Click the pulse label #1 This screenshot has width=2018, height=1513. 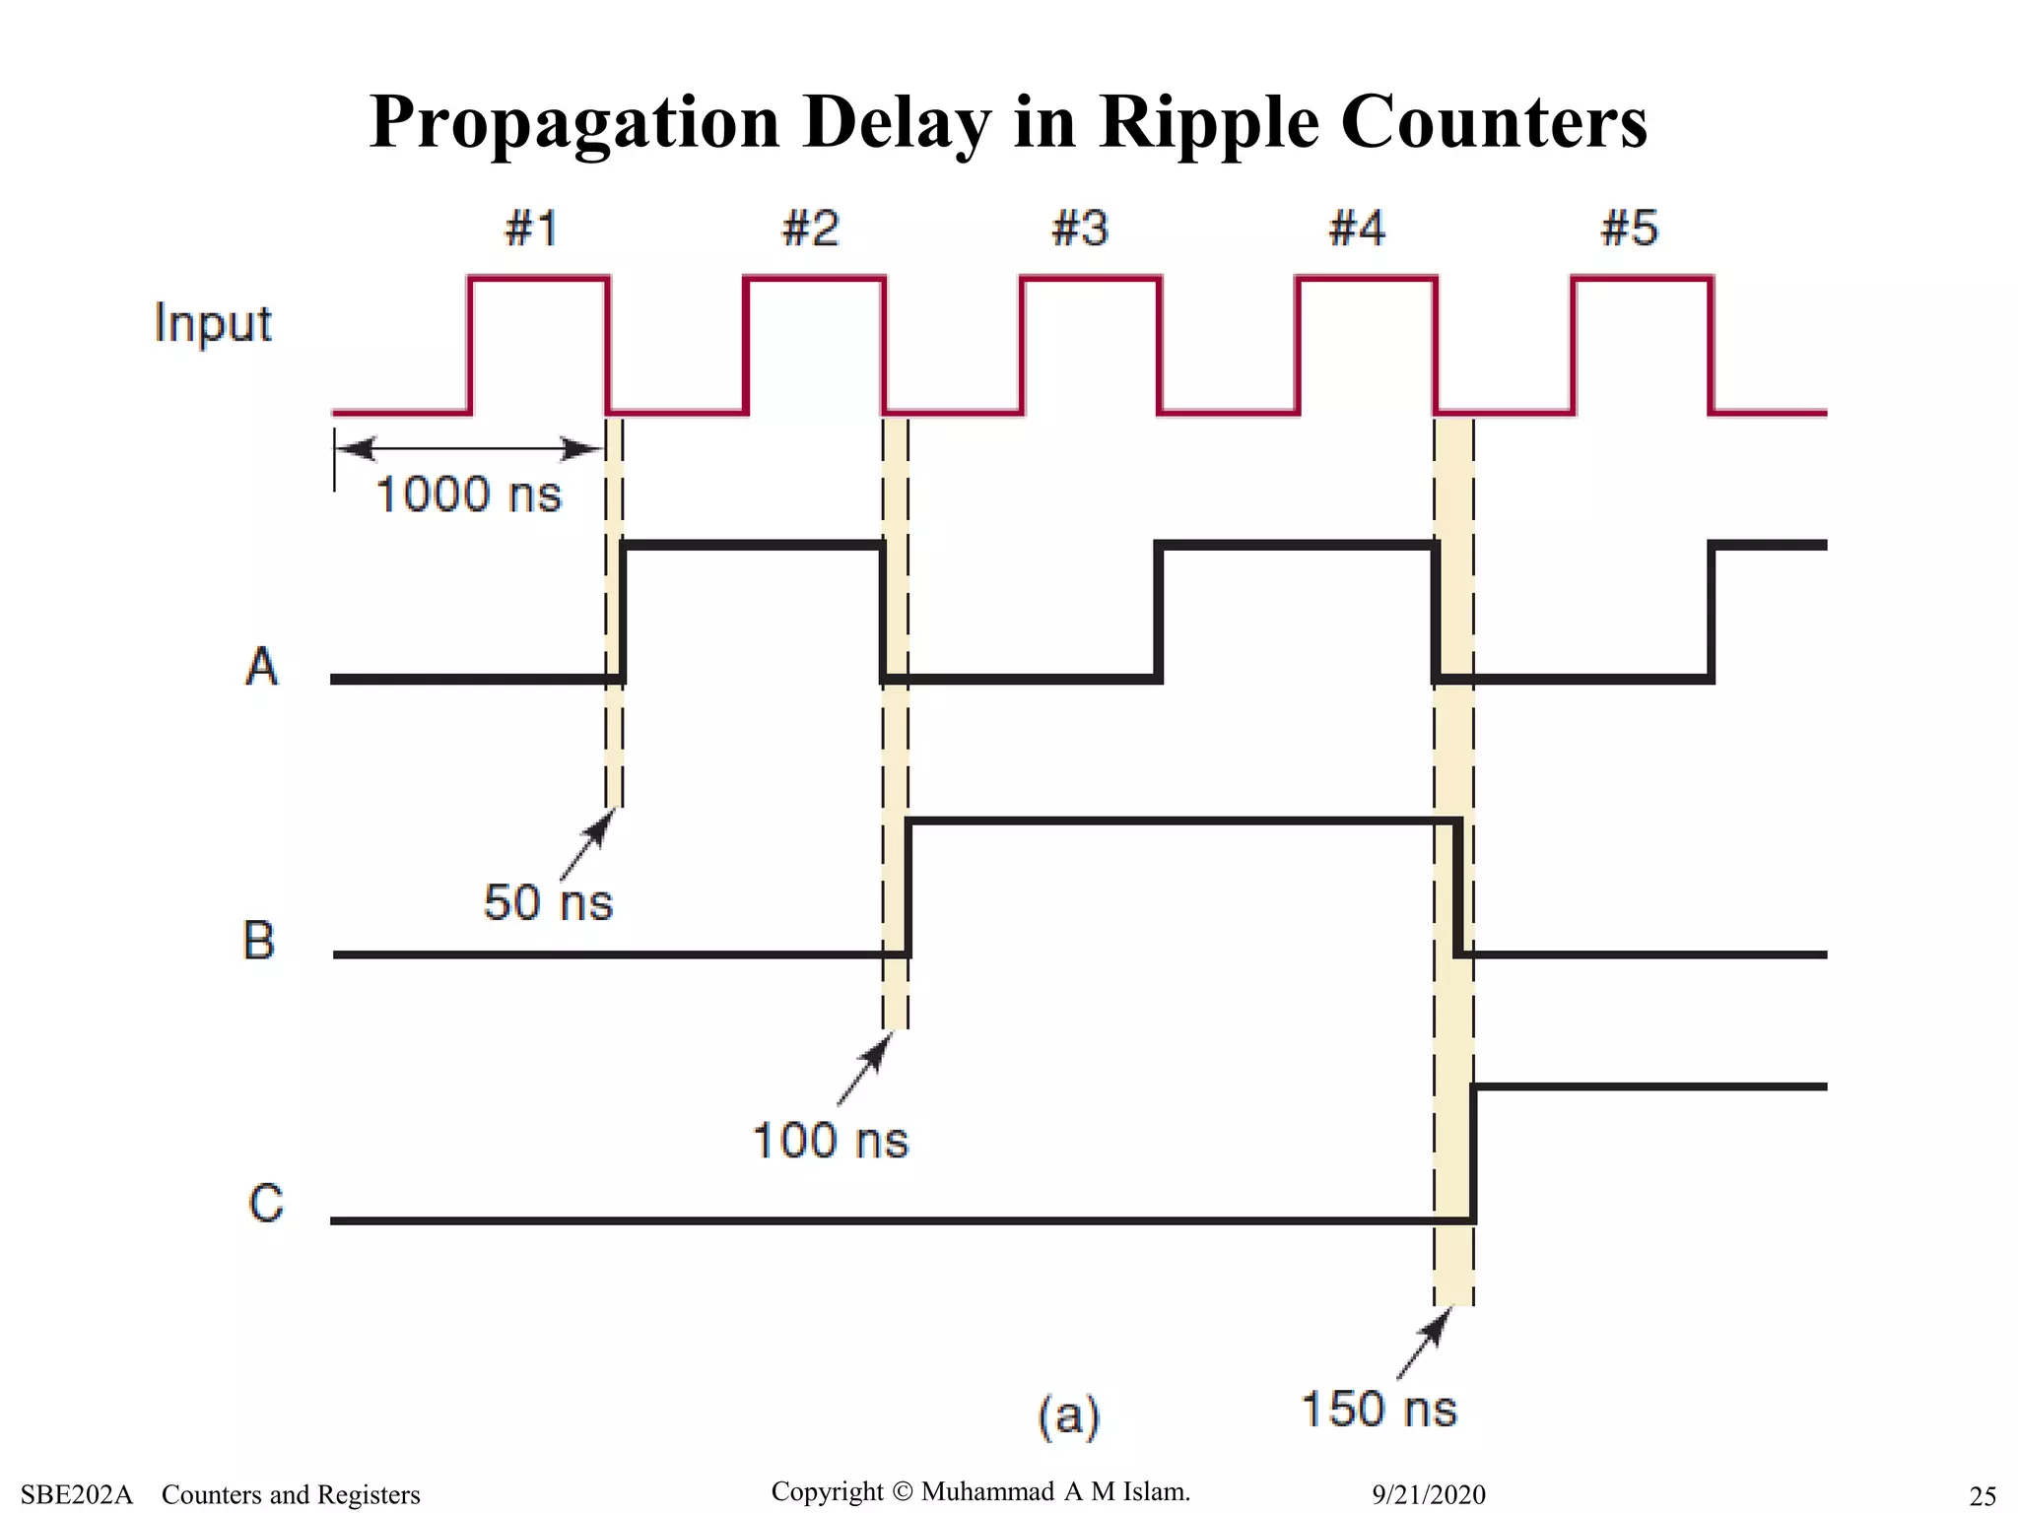[531, 229]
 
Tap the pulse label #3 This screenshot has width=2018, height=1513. [1080, 229]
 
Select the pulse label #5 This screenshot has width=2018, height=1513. [1629, 229]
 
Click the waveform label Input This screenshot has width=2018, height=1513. [213, 324]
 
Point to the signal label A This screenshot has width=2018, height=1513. [261, 667]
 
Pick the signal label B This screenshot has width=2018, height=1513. [259, 940]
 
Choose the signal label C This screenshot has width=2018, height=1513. [266, 1204]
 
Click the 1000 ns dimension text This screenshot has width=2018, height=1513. [468, 494]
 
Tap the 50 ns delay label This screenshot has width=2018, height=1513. [548, 902]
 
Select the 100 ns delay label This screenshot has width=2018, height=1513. [830, 1141]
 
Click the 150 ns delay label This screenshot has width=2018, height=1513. [1379, 1409]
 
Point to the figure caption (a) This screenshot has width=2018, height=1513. [1068, 1416]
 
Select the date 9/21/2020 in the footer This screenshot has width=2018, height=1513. [1428, 1495]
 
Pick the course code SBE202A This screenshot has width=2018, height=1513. [76, 1495]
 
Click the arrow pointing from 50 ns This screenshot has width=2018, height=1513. [586, 845]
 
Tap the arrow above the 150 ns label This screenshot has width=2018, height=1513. [1424, 1344]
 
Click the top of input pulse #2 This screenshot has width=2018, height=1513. [814, 279]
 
